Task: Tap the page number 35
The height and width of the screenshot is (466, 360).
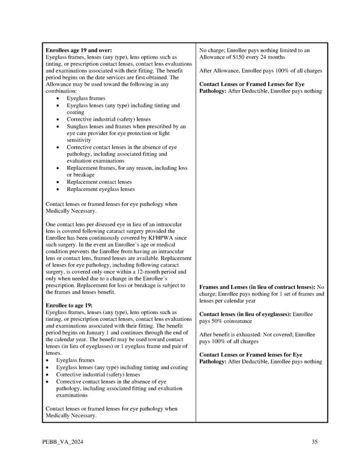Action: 314,443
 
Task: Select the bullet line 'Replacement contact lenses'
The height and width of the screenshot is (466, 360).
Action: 99,182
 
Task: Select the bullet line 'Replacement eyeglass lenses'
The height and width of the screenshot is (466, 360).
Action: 100,189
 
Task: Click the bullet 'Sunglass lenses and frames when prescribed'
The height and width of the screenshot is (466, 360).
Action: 126,127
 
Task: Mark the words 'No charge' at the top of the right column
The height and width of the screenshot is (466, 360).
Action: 212,50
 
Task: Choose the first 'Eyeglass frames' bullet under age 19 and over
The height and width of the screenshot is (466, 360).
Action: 86,98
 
